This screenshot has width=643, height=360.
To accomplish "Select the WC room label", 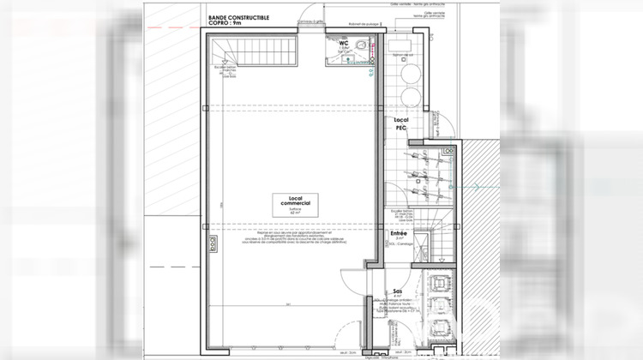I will tap(343, 42).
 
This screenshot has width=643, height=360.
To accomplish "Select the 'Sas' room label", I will tap(398, 291).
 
